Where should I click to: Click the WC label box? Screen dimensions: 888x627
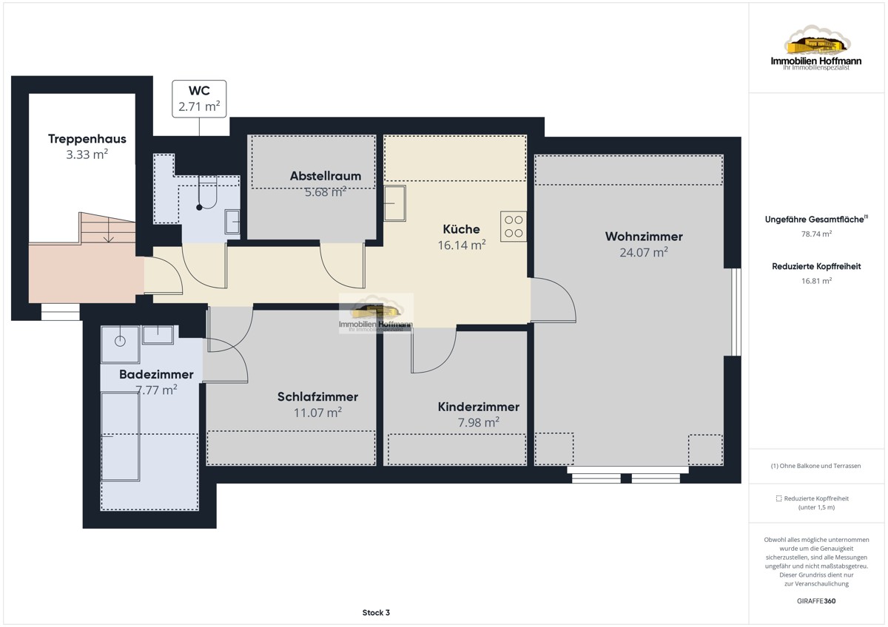pos(199,98)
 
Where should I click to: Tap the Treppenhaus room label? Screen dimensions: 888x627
pos(87,138)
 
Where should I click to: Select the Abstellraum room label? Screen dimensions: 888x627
pos(326,176)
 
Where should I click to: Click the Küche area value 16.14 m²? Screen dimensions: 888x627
pos(462,245)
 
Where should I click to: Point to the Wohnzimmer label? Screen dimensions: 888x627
pos(644,237)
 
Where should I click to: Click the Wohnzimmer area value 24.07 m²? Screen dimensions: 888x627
pos(644,252)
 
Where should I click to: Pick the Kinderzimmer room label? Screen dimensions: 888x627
pos(479,407)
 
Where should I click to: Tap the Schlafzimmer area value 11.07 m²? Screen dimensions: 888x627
pos(317,413)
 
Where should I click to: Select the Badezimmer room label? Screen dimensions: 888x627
pos(156,374)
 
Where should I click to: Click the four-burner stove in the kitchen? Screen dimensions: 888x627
pos(514,226)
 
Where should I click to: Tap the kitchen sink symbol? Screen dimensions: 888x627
pos(395,203)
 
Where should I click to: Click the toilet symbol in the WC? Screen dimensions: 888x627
pos(207,193)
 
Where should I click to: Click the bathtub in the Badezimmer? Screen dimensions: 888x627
pos(120,436)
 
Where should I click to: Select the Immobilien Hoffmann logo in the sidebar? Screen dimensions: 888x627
pos(815,48)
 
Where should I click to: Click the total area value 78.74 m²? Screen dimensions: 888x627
pos(816,234)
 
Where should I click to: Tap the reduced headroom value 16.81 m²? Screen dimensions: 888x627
pos(816,281)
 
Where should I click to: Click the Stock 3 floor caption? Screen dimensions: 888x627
pos(376,613)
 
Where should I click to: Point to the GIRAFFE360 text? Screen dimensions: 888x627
pos(816,601)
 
